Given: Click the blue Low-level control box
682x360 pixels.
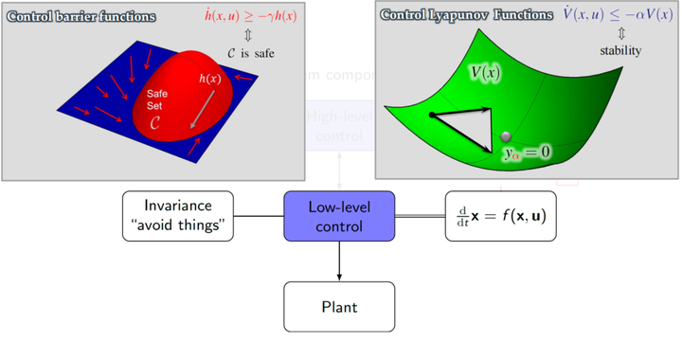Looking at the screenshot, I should tap(339, 215).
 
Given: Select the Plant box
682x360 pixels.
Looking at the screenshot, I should tap(339, 306).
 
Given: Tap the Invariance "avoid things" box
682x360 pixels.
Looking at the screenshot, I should tap(177, 215).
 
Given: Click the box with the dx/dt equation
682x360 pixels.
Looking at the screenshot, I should tap(500, 215).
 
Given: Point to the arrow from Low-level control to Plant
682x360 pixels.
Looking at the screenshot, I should tap(339, 261).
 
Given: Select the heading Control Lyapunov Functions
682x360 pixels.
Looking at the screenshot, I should tap(466, 15).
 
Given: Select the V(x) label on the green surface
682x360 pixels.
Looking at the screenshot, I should tap(487, 73).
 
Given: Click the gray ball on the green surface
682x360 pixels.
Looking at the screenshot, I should tap(507, 137).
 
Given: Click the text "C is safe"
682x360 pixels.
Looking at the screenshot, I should tap(251, 54).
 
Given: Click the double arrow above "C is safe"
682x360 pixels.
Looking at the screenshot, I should tap(251, 38).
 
